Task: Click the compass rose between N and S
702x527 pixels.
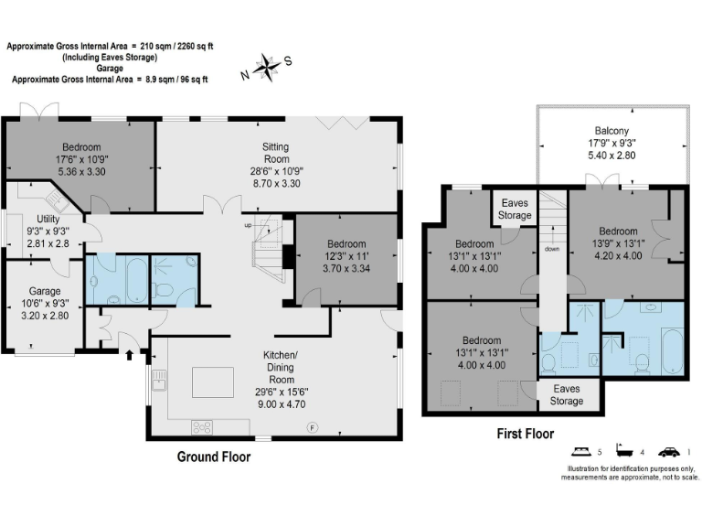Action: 266,65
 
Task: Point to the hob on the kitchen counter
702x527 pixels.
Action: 200,425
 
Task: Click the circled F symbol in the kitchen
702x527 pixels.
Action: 313,426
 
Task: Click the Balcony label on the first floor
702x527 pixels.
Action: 612,130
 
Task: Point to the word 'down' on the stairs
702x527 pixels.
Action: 551,249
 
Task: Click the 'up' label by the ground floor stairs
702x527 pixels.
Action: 246,225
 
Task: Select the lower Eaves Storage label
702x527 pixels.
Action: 567,395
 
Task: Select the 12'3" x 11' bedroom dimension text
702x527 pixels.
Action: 347,257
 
